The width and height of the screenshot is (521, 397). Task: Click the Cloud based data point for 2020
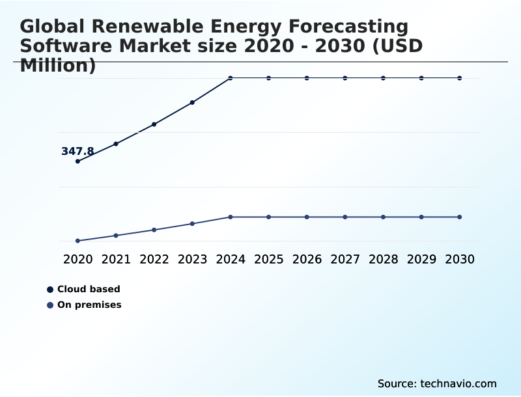coord(77,161)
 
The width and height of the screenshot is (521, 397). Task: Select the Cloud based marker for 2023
coord(192,103)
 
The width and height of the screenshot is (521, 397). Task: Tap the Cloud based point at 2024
coord(231,78)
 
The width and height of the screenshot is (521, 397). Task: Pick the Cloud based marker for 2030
coord(460,78)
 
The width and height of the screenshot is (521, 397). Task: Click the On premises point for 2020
coord(77,241)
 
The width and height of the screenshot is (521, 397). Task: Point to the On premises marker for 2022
coord(154,230)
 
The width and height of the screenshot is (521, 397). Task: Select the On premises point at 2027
coord(345,217)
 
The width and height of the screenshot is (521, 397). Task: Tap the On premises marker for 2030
coord(460,217)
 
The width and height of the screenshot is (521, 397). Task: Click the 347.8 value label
coord(77,152)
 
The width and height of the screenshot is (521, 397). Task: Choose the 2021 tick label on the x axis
coord(116,259)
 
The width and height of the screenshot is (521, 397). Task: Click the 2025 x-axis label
coord(268,259)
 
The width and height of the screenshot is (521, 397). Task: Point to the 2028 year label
coord(383,259)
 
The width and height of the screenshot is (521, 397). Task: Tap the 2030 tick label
coord(460,259)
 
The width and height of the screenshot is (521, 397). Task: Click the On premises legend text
coord(89,305)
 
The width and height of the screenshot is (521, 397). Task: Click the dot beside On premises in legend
coord(50,305)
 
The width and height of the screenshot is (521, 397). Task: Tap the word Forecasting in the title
coord(348,27)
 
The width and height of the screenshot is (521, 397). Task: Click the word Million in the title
coord(58,65)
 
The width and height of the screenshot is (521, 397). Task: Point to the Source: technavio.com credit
coord(437,384)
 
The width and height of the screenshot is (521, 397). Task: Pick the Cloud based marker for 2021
coord(116,144)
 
